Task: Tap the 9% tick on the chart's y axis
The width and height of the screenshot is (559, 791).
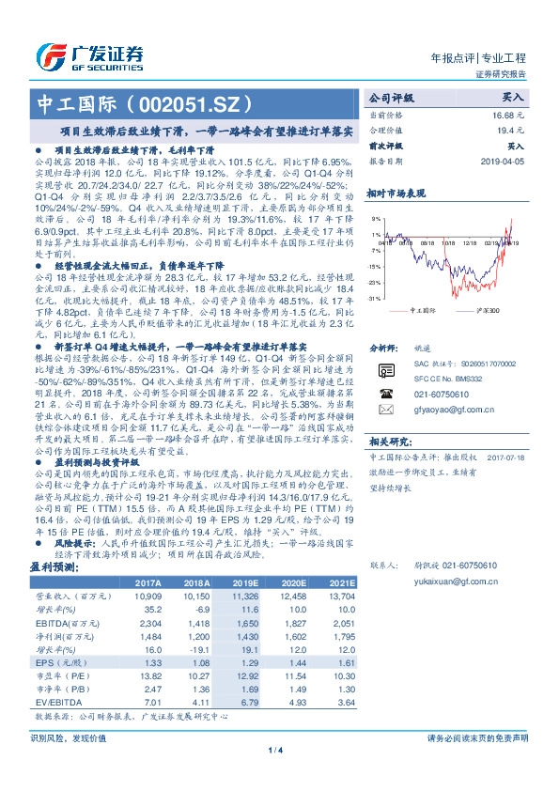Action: [376, 218]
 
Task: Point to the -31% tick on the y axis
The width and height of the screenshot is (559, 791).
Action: [375, 298]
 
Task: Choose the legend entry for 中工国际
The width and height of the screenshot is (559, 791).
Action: [426, 310]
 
